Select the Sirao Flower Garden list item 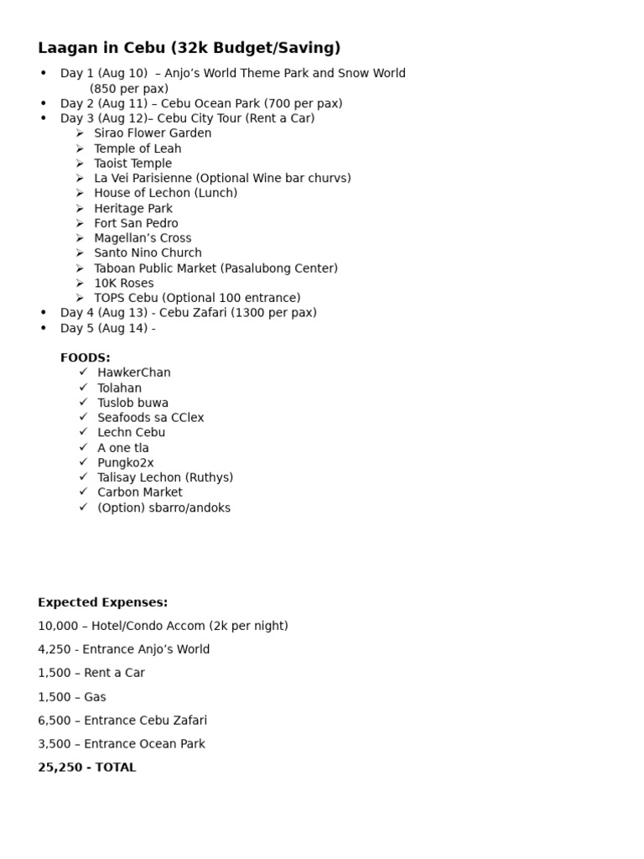pyautogui.click(x=153, y=133)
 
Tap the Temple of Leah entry pyautogui.click(x=138, y=148)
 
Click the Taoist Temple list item pyautogui.click(x=132, y=164)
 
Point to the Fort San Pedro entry pyautogui.click(x=136, y=223)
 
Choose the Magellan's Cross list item pyautogui.click(x=143, y=238)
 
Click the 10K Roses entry pyautogui.click(x=124, y=284)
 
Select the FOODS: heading pyautogui.click(x=86, y=357)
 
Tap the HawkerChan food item pyautogui.click(x=134, y=372)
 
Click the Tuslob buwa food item pyautogui.click(x=132, y=403)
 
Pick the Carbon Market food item pyautogui.click(x=140, y=492)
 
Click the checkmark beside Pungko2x pyautogui.click(x=83, y=462)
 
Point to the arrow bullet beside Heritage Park pyautogui.click(x=79, y=208)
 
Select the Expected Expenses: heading pyautogui.click(x=103, y=602)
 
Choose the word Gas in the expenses pyautogui.click(x=95, y=697)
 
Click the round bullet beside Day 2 pyautogui.click(x=44, y=103)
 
